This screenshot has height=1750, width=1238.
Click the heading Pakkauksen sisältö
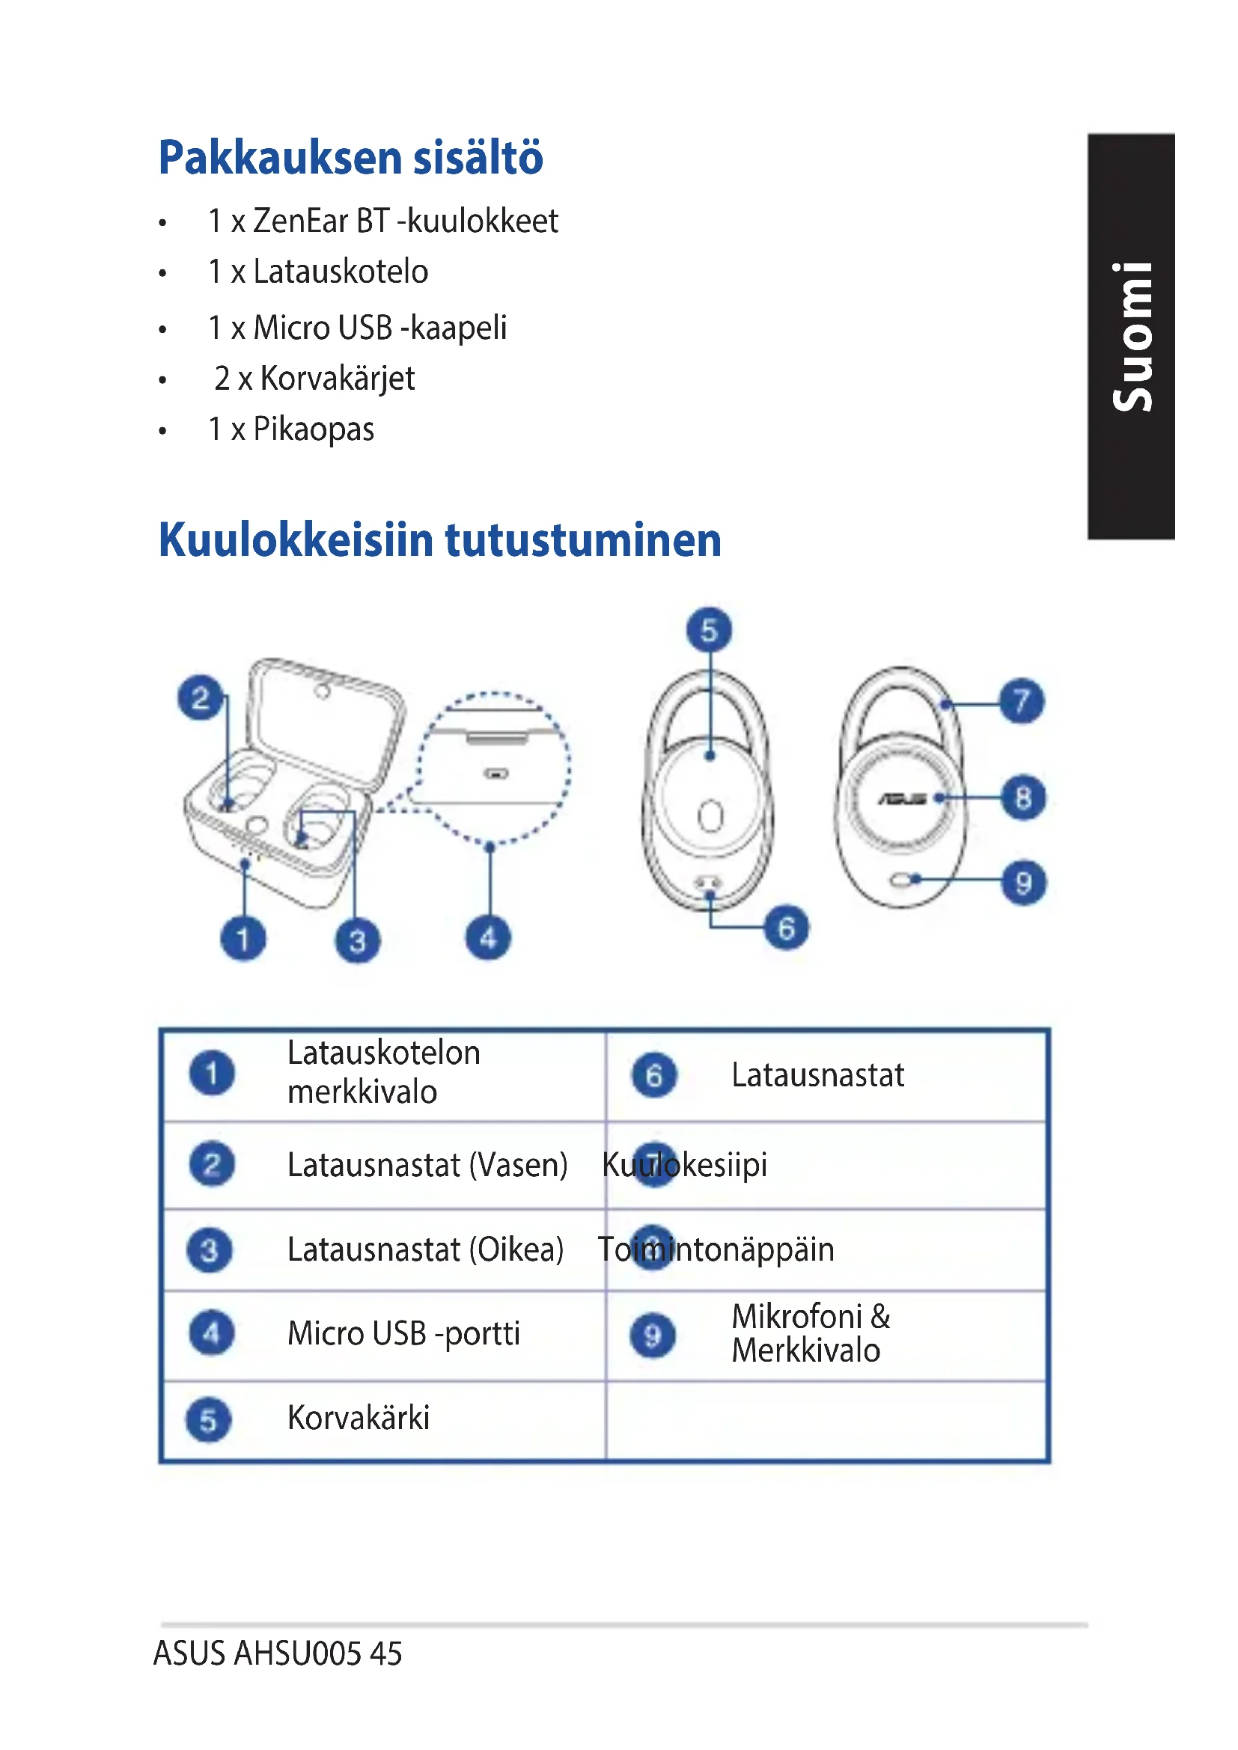tap(350, 158)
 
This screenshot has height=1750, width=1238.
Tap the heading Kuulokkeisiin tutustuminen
tap(440, 539)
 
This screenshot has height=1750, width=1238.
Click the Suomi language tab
tap(1131, 336)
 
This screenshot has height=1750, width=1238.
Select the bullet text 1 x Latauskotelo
tap(318, 272)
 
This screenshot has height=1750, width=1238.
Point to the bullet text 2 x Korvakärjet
tap(314, 379)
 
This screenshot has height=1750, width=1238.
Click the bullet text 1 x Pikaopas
tap(291, 429)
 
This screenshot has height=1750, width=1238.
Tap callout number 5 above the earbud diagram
tap(709, 630)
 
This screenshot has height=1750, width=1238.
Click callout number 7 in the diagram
tap(1022, 700)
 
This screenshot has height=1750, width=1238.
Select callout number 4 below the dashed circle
tap(489, 937)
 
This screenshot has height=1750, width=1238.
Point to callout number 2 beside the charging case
tap(201, 697)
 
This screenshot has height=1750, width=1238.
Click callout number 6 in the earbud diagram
tap(787, 928)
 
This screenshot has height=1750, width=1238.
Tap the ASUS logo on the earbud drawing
tap(902, 799)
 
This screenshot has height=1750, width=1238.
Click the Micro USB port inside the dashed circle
tap(496, 774)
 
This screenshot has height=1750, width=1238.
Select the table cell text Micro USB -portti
tap(404, 1334)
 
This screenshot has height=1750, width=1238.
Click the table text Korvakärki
tap(359, 1418)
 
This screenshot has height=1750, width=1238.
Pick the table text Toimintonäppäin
tap(716, 1249)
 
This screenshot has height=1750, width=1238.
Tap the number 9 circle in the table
tap(653, 1336)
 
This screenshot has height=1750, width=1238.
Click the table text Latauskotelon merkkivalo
tap(383, 1072)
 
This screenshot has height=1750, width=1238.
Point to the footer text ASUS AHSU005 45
tap(278, 1653)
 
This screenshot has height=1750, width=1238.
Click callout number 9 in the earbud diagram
tap(1023, 882)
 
